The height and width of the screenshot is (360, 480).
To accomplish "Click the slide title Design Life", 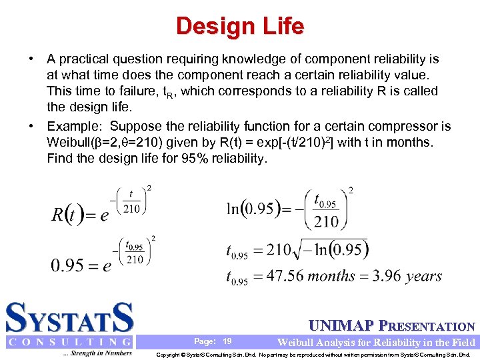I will (x=240, y=26).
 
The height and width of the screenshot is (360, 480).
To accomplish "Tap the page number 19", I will (x=227, y=341).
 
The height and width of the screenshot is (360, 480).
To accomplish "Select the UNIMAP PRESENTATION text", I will (x=392, y=327).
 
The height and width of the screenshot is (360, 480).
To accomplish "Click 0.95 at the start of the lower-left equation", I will (x=67, y=265).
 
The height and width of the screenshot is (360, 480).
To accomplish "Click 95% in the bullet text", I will (x=177, y=159).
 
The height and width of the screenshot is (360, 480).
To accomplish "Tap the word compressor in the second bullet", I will (x=402, y=127).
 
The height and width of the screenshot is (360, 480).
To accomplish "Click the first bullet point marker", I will (x=31, y=59).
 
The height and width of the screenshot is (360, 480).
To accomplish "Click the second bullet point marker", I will (x=31, y=127).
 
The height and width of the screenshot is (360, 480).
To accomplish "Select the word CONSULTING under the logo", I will (x=69, y=342).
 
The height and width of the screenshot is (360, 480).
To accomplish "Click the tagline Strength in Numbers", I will (x=99, y=353).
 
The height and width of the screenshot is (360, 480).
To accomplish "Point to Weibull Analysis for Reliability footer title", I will (x=376, y=343).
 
